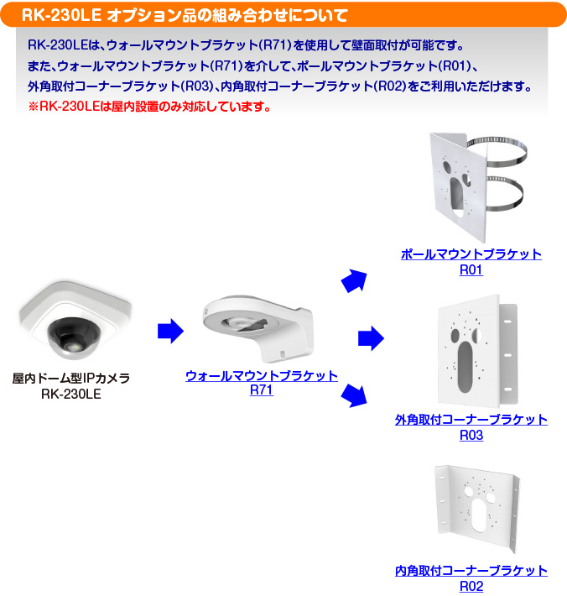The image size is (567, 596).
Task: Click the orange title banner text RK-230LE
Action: [x=61, y=15]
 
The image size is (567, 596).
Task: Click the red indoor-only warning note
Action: [x=149, y=107]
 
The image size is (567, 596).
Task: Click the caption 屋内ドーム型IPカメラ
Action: [x=71, y=378]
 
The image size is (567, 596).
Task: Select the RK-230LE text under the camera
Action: [x=71, y=395]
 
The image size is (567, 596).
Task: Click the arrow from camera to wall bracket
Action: [x=170, y=331]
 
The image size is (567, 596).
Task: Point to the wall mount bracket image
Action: [x=258, y=328]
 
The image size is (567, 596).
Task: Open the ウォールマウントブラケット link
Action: [x=262, y=375]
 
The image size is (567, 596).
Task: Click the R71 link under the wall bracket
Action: [x=262, y=390]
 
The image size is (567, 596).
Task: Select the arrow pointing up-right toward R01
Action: [x=355, y=281]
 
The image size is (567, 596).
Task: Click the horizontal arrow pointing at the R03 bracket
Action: [x=371, y=338]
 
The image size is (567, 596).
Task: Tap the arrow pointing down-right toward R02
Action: [x=355, y=395]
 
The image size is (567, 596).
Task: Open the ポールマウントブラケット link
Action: [x=471, y=254]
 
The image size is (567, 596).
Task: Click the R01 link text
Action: [x=471, y=269]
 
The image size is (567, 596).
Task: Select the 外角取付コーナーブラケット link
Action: [x=471, y=420]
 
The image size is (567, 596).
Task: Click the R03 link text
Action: [x=471, y=435]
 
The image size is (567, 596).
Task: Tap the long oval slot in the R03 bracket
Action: [x=466, y=367]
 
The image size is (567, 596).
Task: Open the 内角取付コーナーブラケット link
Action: [x=471, y=571]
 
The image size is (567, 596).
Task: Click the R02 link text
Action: [x=471, y=587]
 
